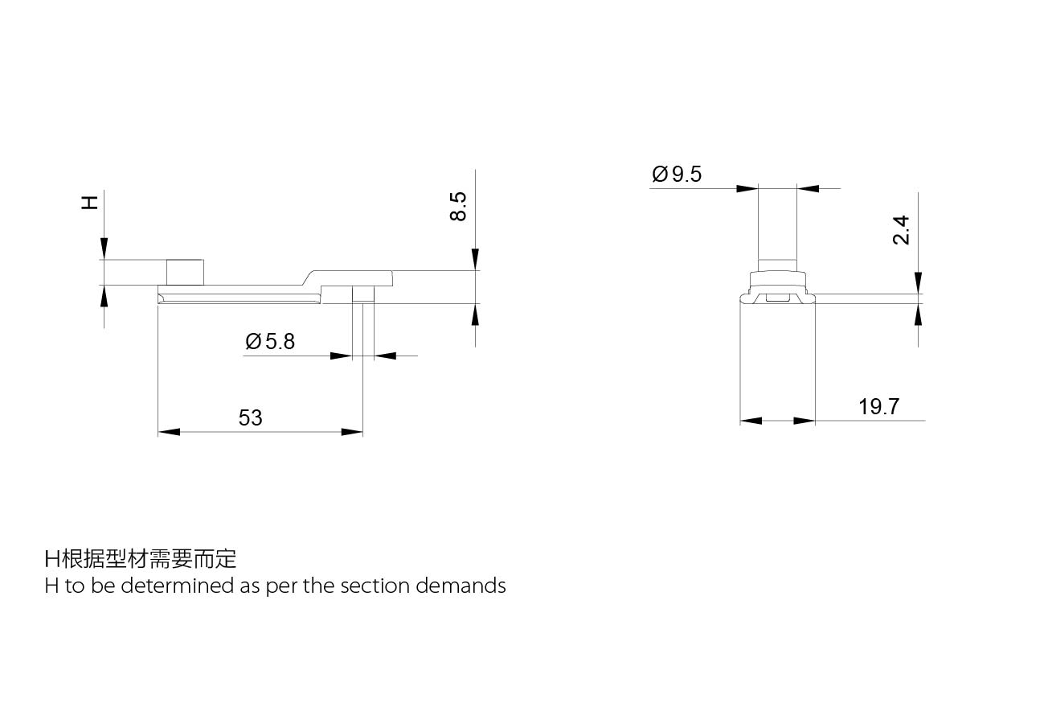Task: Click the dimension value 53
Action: tap(250, 417)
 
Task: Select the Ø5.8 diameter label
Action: tap(270, 342)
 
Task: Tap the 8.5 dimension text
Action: tap(458, 206)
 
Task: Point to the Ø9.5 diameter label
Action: tap(677, 174)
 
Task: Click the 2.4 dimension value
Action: tap(901, 230)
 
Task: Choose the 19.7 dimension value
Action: tap(879, 407)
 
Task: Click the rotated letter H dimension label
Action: tap(90, 203)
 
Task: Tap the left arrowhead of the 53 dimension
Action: tap(169, 432)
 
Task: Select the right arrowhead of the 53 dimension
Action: tap(352, 432)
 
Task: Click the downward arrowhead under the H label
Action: tap(104, 249)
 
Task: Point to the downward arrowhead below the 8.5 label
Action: tap(475, 259)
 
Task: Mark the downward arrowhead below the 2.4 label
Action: tap(918, 282)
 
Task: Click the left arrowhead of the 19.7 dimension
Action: tap(751, 421)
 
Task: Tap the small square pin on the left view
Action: tap(185, 273)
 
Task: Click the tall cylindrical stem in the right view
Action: tap(777, 230)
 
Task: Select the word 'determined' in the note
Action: tap(178, 586)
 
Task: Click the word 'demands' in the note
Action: tap(461, 586)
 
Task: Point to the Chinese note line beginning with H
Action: tap(141, 559)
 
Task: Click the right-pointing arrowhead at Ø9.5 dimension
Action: tap(747, 189)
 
